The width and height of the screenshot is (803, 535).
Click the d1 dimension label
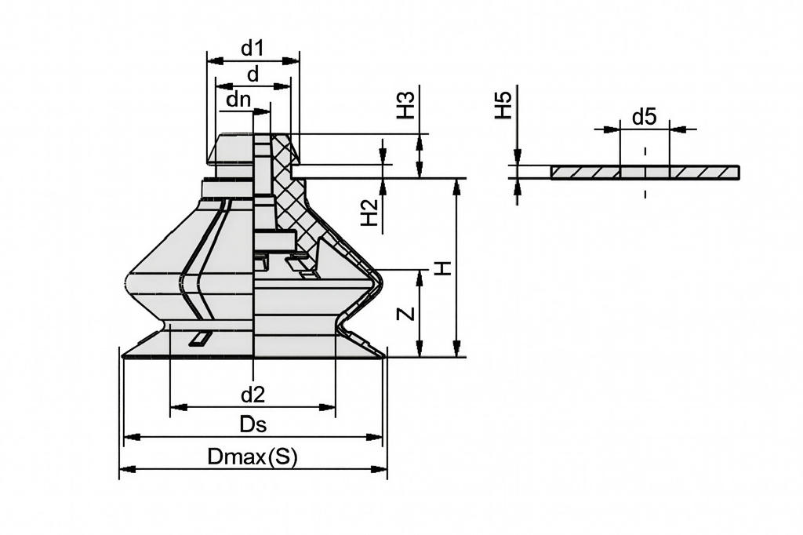coord(252,49)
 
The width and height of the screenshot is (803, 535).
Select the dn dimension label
coord(238,100)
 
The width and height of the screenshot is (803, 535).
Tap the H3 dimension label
coord(405,105)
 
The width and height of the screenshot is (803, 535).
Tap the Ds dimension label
coord(253,425)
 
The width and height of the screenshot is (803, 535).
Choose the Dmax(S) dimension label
coord(253,457)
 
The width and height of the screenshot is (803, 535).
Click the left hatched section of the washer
coord(585,173)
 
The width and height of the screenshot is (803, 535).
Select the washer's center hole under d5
coord(645,173)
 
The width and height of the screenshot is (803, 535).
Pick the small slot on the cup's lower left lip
coord(200,339)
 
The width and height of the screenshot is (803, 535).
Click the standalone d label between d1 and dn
coord(253,75)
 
